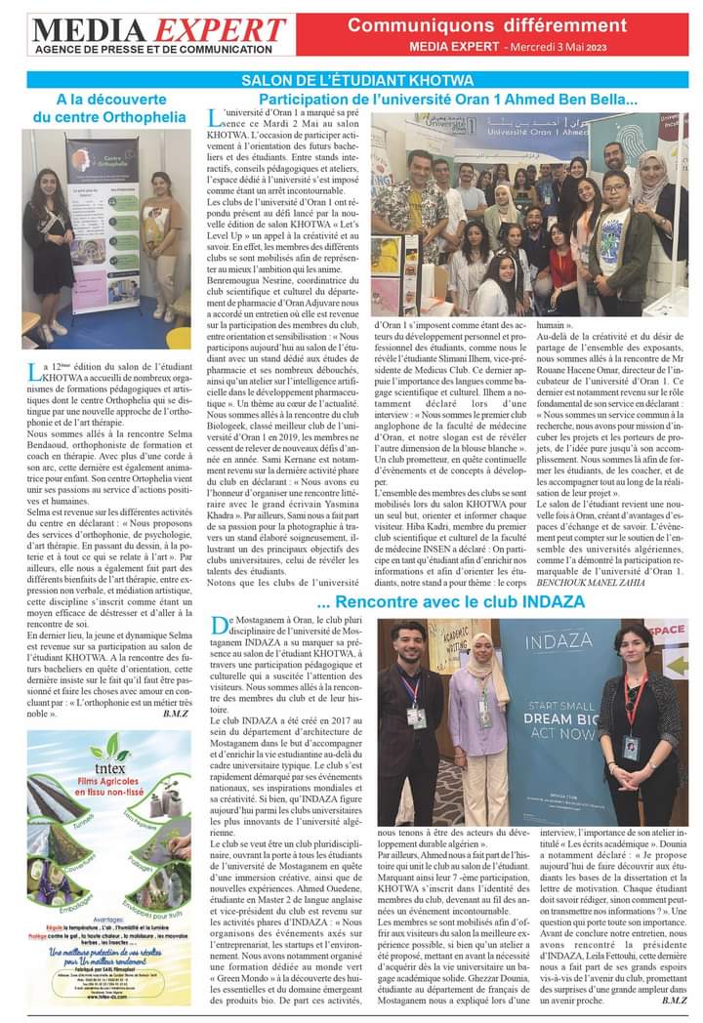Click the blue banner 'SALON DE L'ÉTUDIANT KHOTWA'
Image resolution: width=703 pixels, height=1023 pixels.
[357, 79]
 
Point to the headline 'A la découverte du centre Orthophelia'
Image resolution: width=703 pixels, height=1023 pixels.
[107, 107]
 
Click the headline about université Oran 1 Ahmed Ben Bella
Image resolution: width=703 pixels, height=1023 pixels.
[448, 100]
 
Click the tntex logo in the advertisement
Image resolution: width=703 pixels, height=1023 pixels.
[109, 752]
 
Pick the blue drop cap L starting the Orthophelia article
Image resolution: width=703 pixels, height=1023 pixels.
[34, 372]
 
